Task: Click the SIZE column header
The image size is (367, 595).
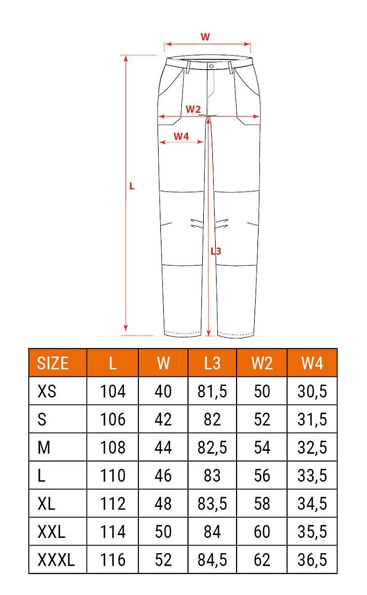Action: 53,363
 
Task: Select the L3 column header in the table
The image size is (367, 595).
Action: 212,363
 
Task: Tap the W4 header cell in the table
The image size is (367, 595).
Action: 312,363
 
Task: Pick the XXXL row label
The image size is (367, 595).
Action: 55,561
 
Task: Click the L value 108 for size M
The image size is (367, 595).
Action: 113,448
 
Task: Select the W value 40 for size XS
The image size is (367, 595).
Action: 163,391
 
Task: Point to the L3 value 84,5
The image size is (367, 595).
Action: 212,561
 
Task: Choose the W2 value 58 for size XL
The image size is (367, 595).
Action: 262,504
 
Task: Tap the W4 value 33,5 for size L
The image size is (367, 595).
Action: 312,476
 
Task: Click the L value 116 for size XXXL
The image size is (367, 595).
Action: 113,561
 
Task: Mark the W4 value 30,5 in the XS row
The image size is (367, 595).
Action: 312,391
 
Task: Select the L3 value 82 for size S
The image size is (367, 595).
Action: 212,419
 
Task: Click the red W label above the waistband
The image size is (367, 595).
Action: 206,37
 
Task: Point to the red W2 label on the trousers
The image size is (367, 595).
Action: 193,108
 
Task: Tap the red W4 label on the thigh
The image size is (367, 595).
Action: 181,136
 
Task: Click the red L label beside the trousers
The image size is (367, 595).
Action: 132,186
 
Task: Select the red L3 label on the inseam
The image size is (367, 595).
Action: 216,251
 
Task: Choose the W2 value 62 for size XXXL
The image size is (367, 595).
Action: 262,561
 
